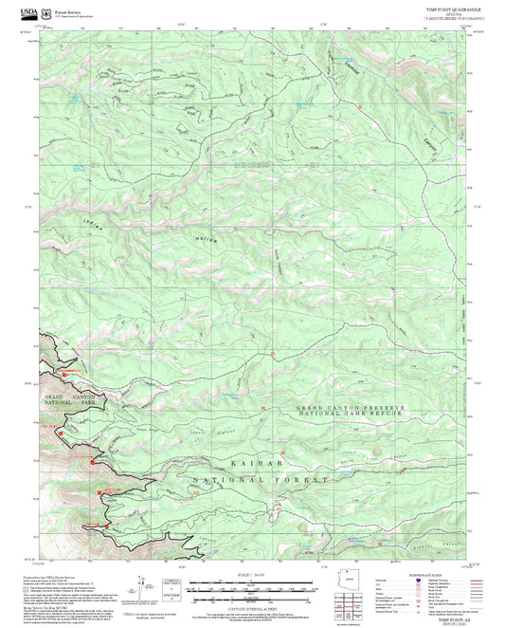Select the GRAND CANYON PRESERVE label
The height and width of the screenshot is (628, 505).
click(x=350, y=408)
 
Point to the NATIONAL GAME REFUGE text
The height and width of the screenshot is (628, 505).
click(x=350, y=416)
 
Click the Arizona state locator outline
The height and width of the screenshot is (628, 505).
click(x=347, y=581)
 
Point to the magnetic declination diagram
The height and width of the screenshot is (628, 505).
click(x=144, y=588)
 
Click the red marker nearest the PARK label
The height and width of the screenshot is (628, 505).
click(x=62, y=433)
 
